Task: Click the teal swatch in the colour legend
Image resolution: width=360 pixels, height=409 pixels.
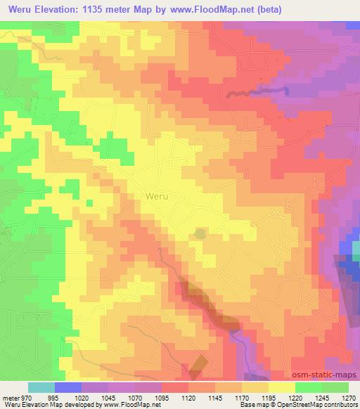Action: tap(41, 387)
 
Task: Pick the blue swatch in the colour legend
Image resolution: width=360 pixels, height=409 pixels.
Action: tap(68, 387)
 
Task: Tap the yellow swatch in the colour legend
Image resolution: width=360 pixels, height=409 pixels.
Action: tap(282, 387)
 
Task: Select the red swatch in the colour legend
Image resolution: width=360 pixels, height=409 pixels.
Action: tap(175, 387)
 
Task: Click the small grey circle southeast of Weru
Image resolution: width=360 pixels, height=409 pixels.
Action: tap(200, 233)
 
